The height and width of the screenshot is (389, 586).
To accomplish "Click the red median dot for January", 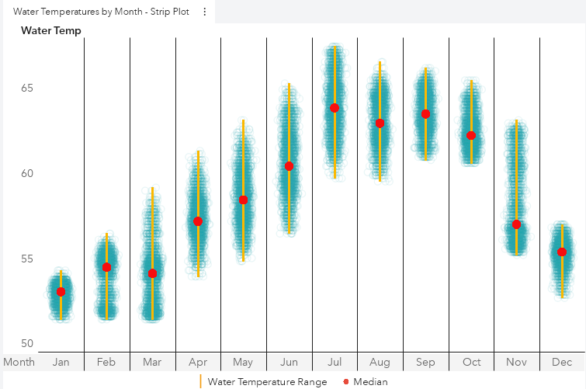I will coord(61,292).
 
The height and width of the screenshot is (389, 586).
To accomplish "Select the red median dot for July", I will coord(335,108).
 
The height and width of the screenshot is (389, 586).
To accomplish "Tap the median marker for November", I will coord(516,224).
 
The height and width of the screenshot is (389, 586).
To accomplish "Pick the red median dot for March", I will coord(152,273).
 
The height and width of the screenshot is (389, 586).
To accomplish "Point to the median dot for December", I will coord(562,252).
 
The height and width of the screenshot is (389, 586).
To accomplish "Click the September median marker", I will coord(425,114).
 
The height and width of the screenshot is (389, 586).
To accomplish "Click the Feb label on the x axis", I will coord(106,362).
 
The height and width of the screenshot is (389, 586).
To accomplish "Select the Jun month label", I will coord(289,362).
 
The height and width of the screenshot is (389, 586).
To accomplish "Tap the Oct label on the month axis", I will coord(471,362).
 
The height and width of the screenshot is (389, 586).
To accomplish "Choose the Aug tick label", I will coord(380,362).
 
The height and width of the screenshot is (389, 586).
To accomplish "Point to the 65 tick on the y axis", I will coord(27,88).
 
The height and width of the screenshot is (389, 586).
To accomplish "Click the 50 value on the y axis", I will coord(27,344).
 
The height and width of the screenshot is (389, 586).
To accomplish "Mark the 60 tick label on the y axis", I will coord(27,173).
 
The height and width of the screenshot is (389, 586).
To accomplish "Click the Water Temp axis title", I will coord(51,30).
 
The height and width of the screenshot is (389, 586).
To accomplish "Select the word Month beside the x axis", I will coord(19,362).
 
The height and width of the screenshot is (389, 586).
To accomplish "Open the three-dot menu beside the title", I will coord(204,12).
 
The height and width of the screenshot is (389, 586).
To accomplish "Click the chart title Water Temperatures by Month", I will coord(101,12).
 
